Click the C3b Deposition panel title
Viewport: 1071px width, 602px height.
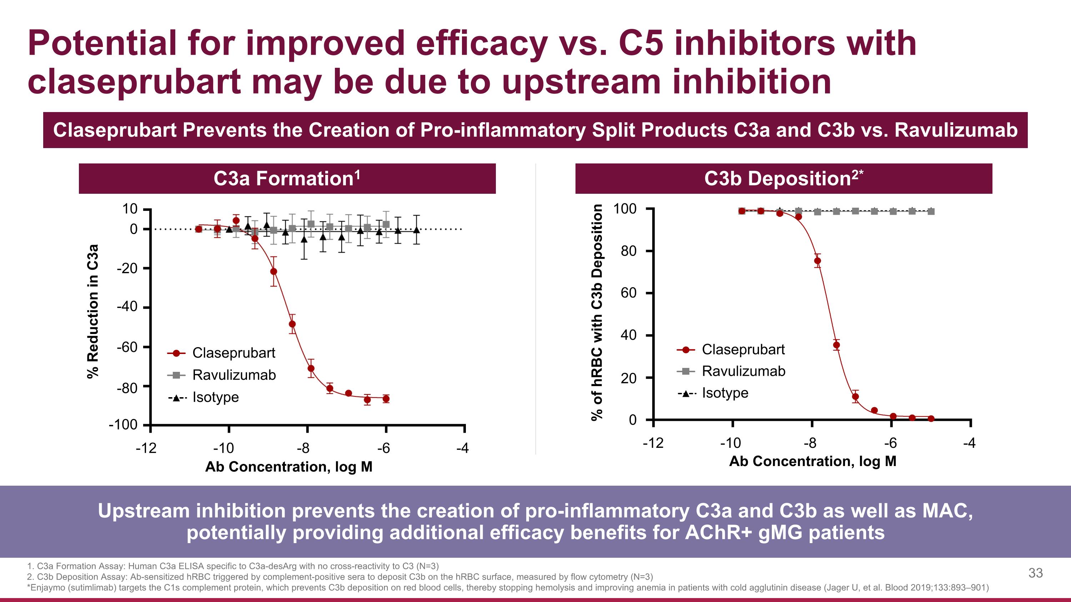[x=783, y=179]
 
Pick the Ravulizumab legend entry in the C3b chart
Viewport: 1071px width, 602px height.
[x=743, y=371]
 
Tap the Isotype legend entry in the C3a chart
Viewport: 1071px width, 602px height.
[x=215, y=397]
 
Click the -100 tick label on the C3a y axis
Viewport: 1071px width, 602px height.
[x=123, y=425]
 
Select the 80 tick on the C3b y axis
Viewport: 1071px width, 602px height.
[x=629, y=251]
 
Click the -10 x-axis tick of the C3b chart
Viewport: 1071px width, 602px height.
[x=731, y=443]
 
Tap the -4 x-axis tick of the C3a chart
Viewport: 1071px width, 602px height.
[x=463, y=448]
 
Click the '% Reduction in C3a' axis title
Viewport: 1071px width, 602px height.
[x=93, y=311]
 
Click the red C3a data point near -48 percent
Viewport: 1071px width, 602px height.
[x=292, y=324]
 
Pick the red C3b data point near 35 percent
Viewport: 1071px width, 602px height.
[x=836, y=345]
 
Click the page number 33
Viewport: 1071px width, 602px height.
[x=1035, y=573]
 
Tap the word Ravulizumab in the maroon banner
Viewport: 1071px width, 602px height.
[x=955, y=130]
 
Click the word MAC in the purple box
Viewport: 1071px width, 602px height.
[x=947, y=511]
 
